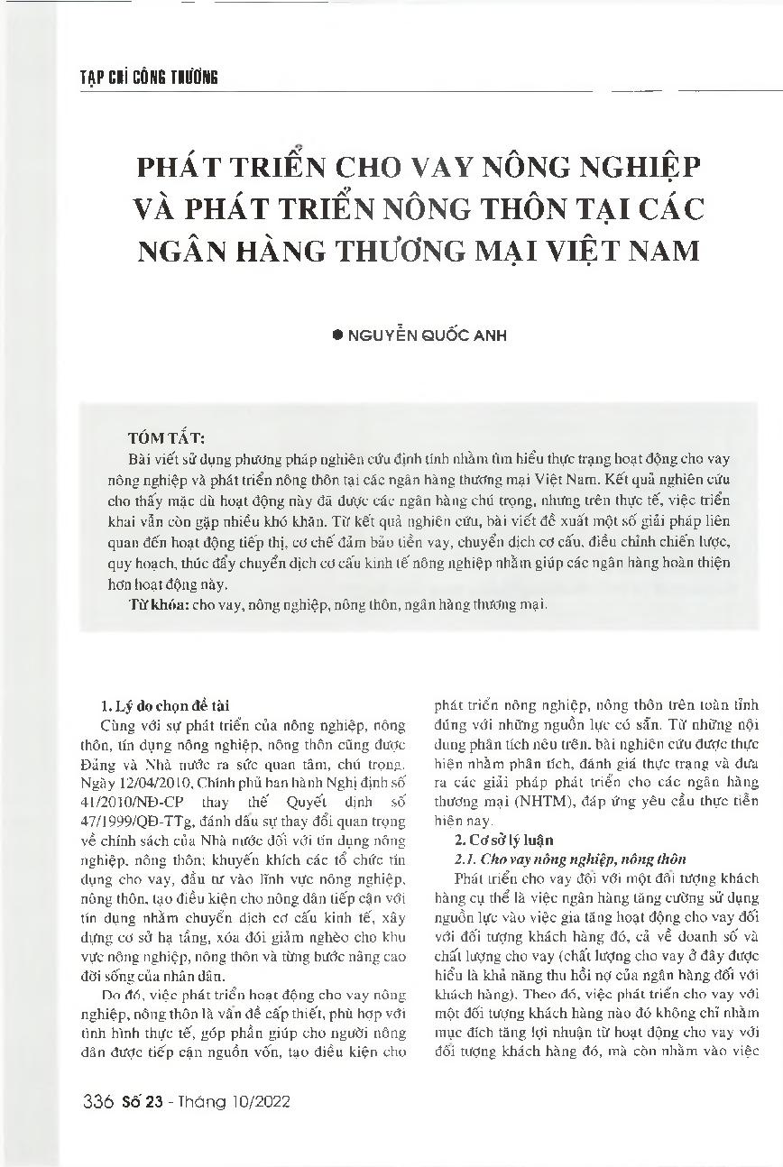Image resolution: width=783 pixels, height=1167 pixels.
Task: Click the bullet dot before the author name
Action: [337, 335]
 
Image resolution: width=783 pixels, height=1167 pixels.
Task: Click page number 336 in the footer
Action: [95, 1102]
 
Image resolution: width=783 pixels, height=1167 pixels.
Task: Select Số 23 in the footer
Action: [138, 1102]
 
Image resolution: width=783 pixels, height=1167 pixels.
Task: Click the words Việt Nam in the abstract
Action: [568, 479]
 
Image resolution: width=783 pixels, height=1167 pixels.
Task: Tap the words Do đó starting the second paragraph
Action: [118, 969]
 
